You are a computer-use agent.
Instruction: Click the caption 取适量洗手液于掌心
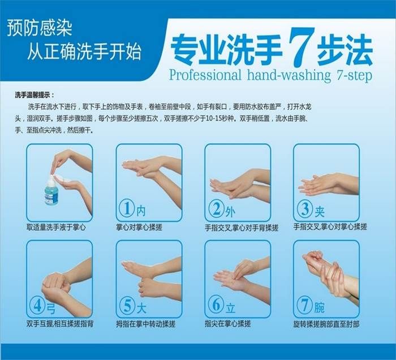56,228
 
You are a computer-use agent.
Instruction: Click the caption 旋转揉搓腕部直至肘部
327,324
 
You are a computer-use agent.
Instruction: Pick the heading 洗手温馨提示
36,95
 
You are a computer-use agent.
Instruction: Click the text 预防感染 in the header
39,27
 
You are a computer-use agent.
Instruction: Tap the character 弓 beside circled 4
52,308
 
